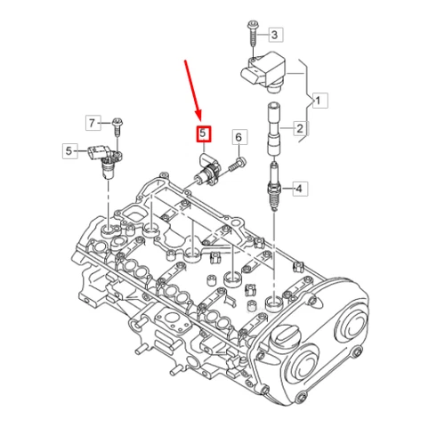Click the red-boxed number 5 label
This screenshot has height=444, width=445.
click(x=203, y=135)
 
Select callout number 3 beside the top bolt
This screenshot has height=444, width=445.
click(x=275, y=35)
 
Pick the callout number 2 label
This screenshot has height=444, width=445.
click(x=300, y=129)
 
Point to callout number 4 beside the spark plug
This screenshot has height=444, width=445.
click(x=300, y=189)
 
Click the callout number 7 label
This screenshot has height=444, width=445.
click(x=91, y=121)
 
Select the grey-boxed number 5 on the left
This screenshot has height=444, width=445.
click(x=69, y=151)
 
